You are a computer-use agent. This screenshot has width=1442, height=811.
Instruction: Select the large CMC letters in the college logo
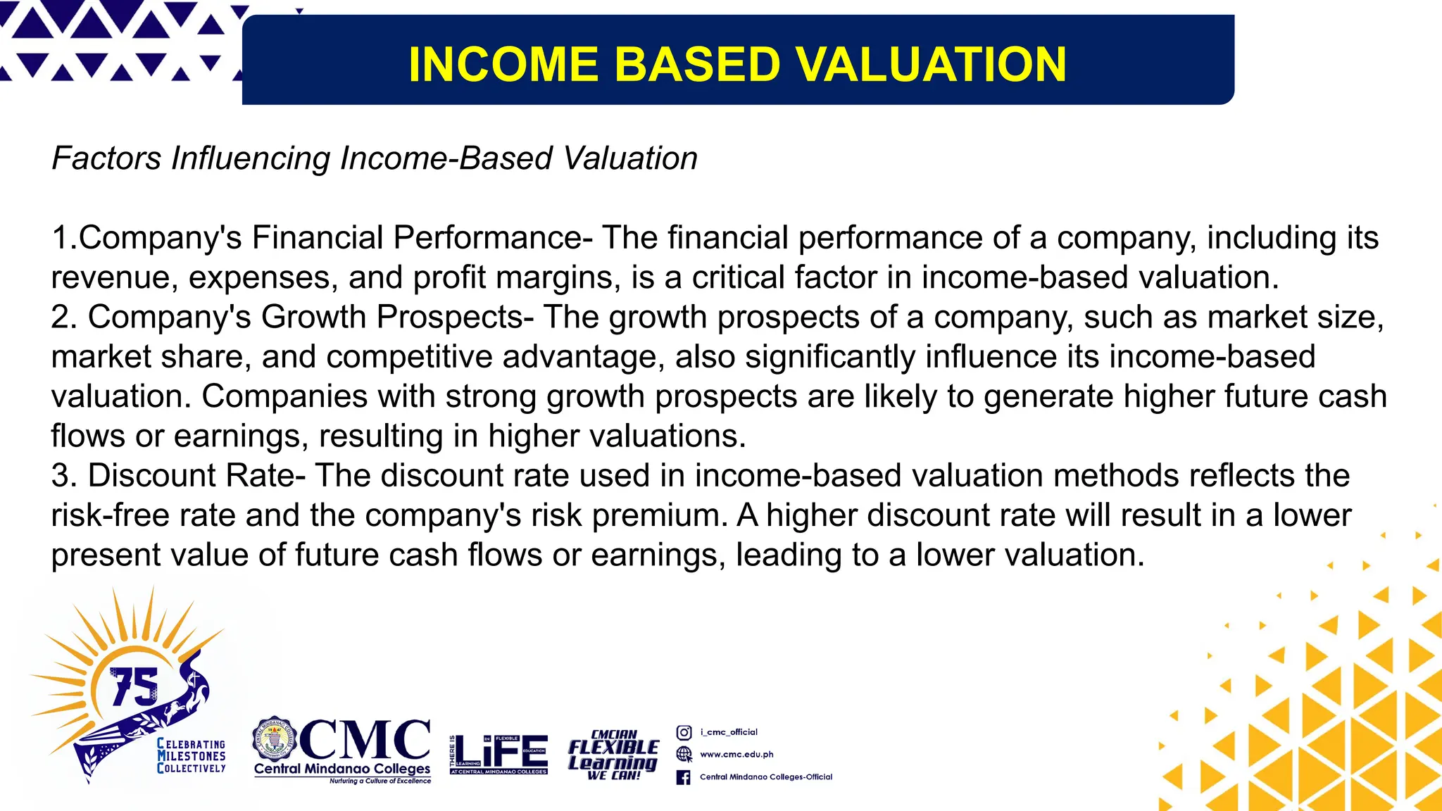point(365,739)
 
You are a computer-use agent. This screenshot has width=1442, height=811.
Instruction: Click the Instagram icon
point(683,732)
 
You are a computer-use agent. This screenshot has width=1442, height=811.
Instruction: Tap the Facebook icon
point(683,777)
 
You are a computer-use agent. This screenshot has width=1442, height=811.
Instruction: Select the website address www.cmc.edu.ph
point(736,755)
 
